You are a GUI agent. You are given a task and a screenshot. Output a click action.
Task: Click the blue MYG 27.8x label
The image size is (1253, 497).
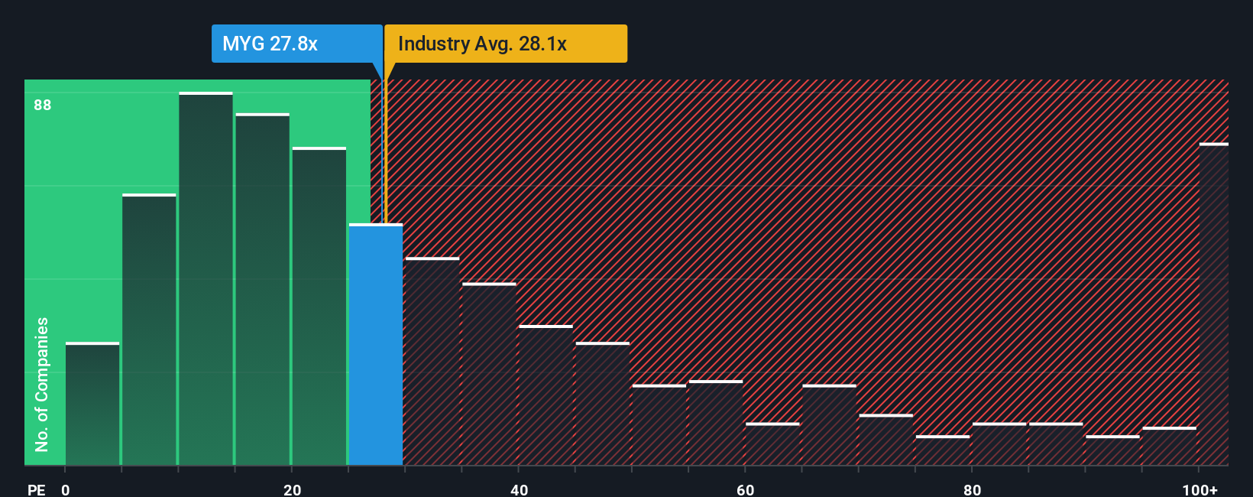coord(296,44)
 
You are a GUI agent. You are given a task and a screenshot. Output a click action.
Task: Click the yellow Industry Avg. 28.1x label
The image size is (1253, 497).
coord(505,44)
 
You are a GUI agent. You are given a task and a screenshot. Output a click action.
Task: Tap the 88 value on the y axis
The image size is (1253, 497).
coord(43,105)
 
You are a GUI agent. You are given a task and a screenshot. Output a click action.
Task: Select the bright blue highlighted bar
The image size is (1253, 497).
coord(376,344)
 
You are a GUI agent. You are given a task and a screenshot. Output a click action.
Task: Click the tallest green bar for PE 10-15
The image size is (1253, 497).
coord(206,279)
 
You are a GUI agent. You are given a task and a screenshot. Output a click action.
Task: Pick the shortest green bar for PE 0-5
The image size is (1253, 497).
coord(92,404)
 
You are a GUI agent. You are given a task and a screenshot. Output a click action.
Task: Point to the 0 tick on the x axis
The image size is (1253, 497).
coord(66,489)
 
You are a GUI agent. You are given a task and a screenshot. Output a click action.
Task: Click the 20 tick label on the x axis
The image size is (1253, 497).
coord(292,489)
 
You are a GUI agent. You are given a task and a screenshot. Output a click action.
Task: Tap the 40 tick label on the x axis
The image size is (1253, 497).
coord(519,489)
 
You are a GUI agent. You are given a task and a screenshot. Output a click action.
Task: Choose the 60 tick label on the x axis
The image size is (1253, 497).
coord(746,489)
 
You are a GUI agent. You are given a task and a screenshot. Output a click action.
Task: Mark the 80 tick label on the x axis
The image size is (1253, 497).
coord(972,489)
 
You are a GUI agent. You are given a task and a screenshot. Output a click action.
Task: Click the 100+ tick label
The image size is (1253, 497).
coord(1200,489)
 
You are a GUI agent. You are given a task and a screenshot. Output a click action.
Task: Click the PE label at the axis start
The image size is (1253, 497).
coord(36,489)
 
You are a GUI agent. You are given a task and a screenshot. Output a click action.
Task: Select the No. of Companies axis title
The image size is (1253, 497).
coord(42,384)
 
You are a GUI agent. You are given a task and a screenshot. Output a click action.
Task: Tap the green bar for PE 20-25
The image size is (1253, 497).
coord(319,306)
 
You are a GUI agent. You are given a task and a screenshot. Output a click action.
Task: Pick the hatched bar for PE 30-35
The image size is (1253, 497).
coord(432,362)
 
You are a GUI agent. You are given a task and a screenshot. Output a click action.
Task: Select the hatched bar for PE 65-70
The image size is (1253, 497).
coord(829,425)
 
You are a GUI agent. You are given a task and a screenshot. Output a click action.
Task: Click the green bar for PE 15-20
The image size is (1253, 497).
coord(262,289)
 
